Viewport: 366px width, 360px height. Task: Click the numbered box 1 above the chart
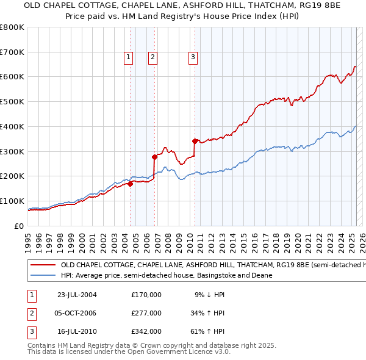click(129, 58)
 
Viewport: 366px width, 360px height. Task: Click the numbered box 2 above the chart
click(152, 58)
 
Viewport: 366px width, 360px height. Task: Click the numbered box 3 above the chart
click(193, 58)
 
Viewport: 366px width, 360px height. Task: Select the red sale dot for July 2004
click(131, 184)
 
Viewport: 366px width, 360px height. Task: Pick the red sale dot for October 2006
click(155, 157)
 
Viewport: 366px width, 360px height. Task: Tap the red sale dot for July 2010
click(195, 141)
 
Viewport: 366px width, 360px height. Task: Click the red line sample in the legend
click(42, 265)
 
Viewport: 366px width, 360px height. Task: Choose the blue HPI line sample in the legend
click(42, 275)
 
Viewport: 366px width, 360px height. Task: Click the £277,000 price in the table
click(146, 313)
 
